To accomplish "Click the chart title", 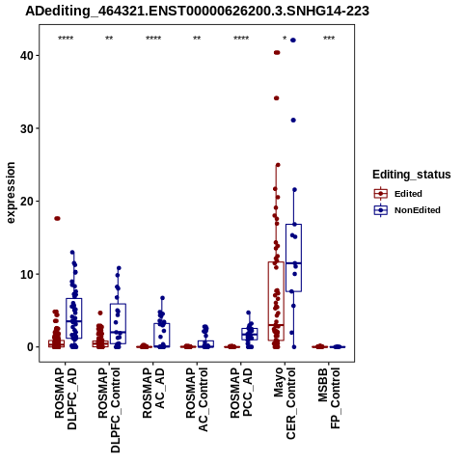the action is [197, 11].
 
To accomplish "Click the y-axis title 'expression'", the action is [11, 193].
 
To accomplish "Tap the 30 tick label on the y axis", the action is [27, 128].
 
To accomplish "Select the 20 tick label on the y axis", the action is [27, 202].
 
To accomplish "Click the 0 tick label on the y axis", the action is [30, 347].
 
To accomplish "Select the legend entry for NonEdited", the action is [407, 210].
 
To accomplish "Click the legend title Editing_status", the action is [412, 175].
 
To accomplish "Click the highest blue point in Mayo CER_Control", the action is [293, 41].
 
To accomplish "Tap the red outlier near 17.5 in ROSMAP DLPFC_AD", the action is [57, 219].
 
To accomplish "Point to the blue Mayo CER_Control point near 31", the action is [293, 121].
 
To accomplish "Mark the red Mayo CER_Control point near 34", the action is [277, 98].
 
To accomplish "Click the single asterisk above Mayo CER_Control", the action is [285, 39].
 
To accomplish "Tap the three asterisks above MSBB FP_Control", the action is [329, 39].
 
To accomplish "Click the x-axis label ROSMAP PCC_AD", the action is [241, 393].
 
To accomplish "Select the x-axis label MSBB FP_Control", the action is [329, 398].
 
